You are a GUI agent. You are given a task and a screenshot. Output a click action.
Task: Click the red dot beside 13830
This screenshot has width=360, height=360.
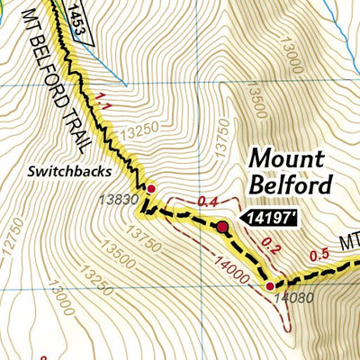(x=151, y=188)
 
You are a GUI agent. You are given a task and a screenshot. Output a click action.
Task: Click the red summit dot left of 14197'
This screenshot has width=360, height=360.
(x=221, y=227)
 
